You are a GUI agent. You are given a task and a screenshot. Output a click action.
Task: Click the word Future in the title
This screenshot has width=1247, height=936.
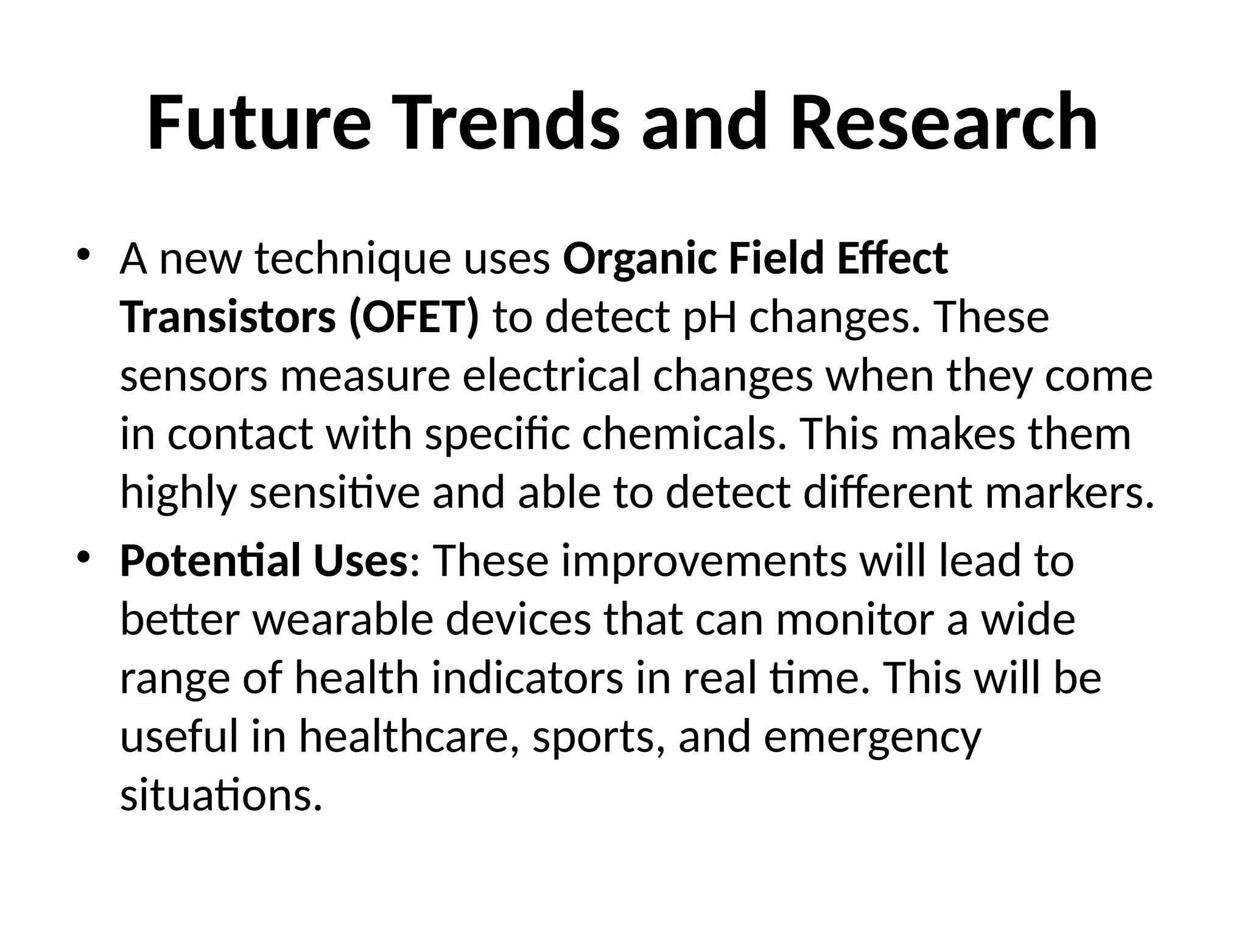(259, 122)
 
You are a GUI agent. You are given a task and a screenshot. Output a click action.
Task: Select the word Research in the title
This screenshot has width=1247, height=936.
(944, 122)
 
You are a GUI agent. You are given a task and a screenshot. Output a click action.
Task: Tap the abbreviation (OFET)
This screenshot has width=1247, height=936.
(414, 317)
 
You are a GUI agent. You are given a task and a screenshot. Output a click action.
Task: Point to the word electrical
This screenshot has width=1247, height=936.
(551, 376)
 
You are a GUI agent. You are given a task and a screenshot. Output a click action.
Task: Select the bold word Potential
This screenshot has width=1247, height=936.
(210, 561)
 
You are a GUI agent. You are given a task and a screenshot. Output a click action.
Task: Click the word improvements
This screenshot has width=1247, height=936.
(704, 561)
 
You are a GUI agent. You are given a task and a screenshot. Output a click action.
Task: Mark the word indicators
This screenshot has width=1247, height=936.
(528, 678)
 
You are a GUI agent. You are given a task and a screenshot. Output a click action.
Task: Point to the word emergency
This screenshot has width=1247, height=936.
(872, 738)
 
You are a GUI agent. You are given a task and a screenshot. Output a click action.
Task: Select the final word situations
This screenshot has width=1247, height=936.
(221, 795)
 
